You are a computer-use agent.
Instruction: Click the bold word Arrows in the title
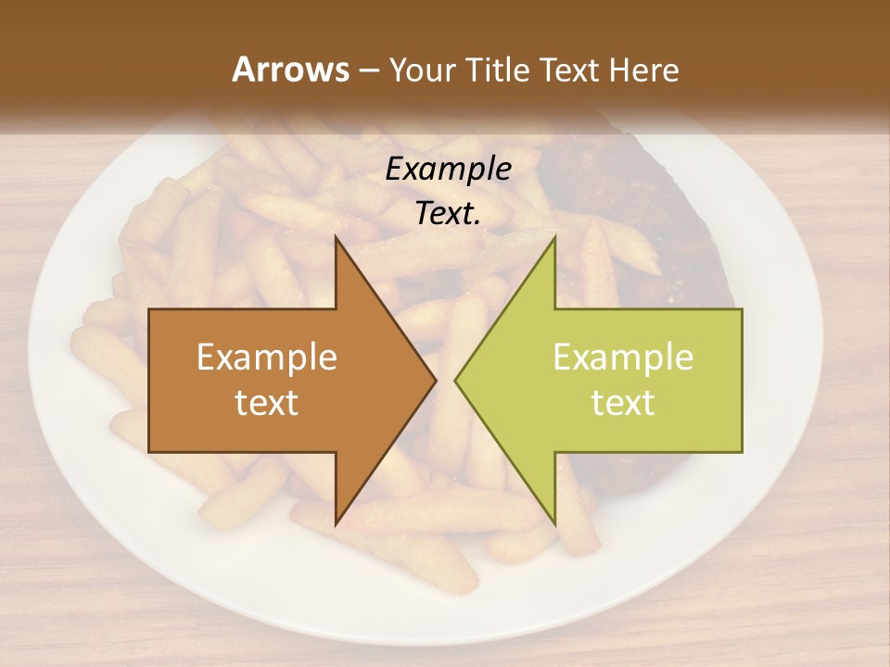(289, 69)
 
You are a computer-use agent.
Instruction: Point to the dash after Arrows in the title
(367, 70)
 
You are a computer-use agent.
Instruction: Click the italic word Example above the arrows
(448, 170)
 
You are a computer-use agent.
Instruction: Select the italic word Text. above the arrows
(446, 214)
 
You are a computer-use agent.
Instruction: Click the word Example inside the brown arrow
(267, 358)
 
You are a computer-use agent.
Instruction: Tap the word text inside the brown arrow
(267, 403)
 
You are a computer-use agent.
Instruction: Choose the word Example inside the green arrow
(623, 358)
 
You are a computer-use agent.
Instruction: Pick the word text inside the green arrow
(623, 403)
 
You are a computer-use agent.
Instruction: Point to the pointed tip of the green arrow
(456, 380)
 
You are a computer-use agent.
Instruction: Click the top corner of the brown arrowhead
(336, 238)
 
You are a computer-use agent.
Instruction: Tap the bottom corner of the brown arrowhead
(336, 523)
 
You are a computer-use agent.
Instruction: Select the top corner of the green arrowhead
(554, 238)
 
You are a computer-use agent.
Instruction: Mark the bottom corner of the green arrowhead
(554, 523)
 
